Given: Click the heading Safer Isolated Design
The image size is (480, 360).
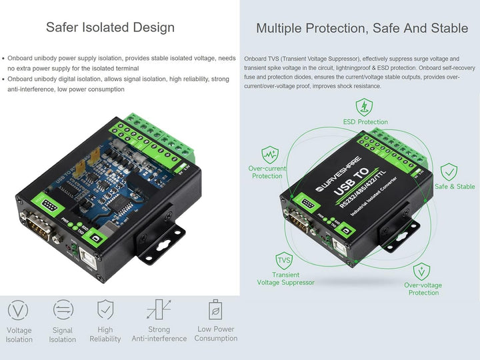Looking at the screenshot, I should [x=110, y=27].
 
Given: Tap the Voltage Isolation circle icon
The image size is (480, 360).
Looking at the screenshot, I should [x=19, y=310].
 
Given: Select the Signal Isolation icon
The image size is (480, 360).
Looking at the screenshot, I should [x=63, y=310].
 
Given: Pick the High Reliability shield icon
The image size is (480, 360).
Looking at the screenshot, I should [x=105, y=310].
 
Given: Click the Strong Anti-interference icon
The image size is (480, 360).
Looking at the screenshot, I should [x=159, y=310].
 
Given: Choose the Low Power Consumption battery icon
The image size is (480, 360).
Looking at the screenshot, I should [x=215, y=309].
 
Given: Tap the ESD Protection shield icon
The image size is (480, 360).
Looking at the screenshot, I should [x=364, y=107].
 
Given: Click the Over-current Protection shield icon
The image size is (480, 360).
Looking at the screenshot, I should [x=269, y=155].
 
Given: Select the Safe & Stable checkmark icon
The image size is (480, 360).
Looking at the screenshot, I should [x=449, y=172].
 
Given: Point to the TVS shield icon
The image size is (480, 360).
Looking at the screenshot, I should [x=285, y=260].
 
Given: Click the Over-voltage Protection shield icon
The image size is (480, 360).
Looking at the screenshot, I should [x=421, y=271].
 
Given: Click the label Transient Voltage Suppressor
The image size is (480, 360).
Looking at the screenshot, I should [x=285, y=279].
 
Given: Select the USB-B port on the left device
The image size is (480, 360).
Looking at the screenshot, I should [x=98, y=238].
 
